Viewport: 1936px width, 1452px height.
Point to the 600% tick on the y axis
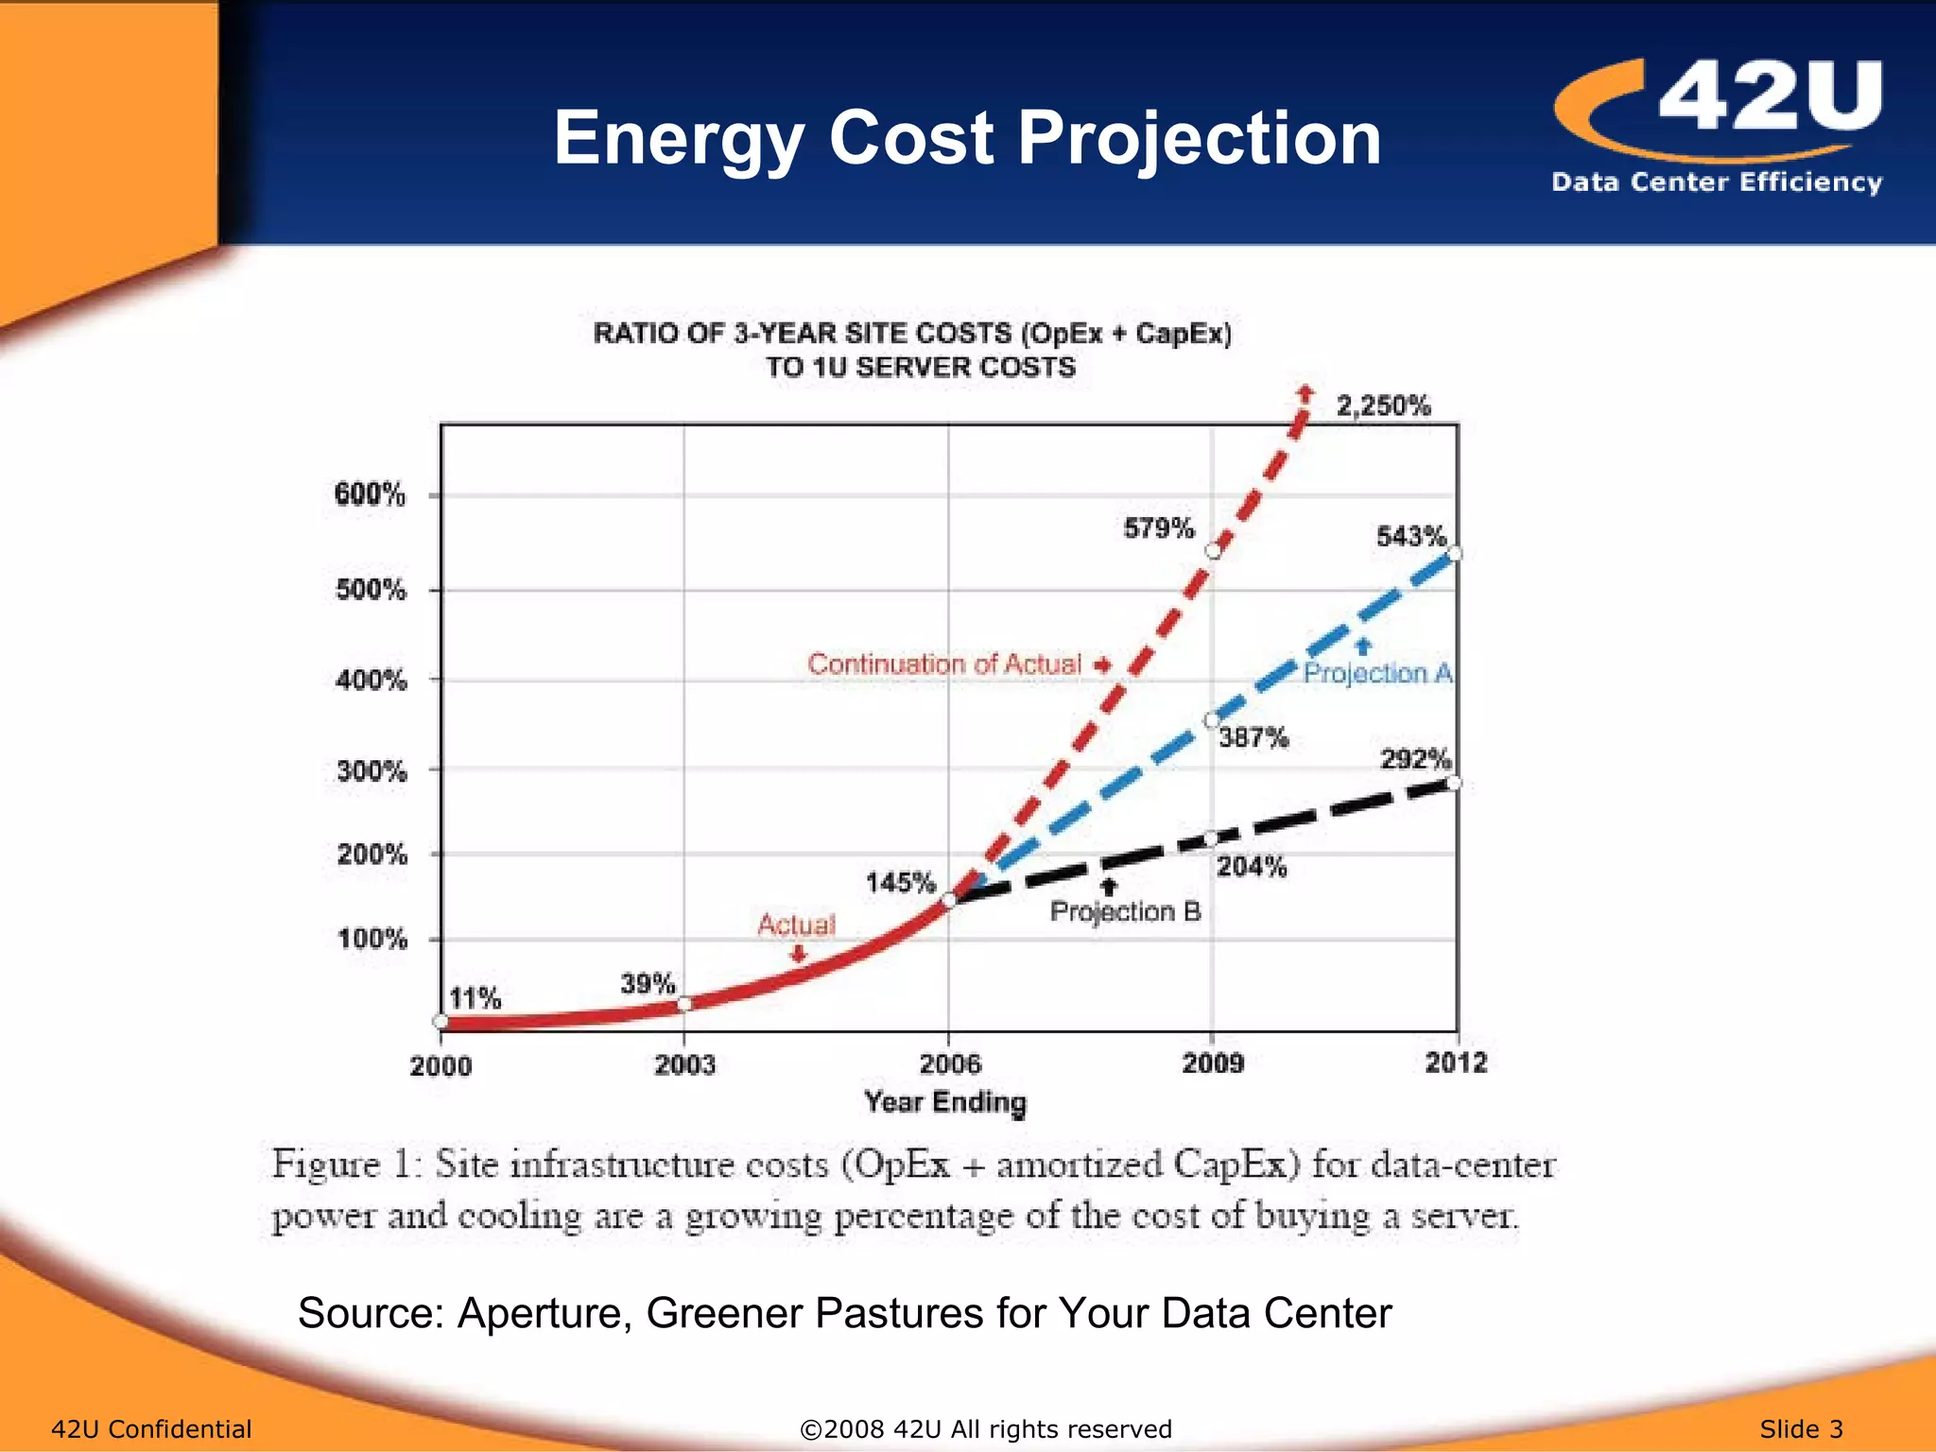370,493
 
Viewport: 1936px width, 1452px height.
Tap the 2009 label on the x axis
1213,1063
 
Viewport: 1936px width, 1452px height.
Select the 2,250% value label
1383,406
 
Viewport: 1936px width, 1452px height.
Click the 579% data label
1158,528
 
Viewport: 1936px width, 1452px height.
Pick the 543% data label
1410,537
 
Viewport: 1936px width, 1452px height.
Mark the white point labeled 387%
1212,721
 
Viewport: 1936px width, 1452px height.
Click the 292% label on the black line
1415,759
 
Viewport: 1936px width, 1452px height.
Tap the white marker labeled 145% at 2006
949,900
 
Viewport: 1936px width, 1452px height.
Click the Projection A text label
1376,673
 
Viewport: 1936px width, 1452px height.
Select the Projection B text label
1125,911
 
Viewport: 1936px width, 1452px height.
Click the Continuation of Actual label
943,665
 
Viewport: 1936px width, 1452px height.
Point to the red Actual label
796,925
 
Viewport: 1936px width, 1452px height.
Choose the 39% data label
648,983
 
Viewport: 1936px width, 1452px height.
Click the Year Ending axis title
944,1102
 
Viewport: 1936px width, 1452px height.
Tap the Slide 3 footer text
1801,1428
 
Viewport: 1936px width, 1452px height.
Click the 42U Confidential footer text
151,1428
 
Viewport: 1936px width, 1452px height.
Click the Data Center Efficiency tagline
1717,182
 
